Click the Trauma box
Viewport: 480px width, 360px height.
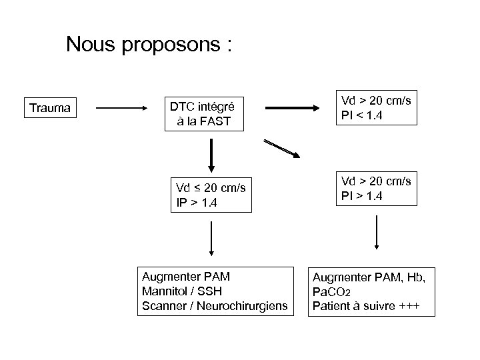pos(51,107)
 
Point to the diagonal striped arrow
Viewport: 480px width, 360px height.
pos(282,149)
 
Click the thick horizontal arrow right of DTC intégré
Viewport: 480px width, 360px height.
pos(294,108)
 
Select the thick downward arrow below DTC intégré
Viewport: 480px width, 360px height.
pos(211,155)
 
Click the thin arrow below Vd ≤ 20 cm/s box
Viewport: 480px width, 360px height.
pos(211,238)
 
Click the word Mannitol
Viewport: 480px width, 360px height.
pos(164,291)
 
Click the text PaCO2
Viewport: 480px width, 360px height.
pos(331,292)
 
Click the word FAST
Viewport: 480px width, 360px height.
pos(224,121)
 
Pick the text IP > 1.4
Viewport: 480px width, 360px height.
pos(194,202)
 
